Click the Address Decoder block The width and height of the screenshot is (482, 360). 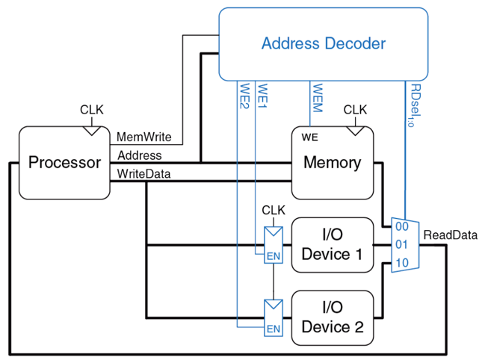(x=323, y=43)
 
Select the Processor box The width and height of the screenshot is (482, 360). (x=64, y=162)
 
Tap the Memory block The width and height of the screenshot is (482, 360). (x=332, y=162)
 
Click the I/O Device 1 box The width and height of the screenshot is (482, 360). (x=332, y=244)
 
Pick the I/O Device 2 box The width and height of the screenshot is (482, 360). (x=332, y=317)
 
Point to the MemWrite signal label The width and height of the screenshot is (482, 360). (x=144, y=137)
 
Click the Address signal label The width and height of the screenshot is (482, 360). (x=139, y=155)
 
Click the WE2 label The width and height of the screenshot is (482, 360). (x=244, y=95)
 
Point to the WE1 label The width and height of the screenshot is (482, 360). (x=262, y=95)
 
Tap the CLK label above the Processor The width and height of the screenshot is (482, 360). (x=92, y=111)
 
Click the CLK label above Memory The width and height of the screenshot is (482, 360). (x=355, y=110)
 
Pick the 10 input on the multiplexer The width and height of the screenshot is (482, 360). (x=401, y=262)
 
